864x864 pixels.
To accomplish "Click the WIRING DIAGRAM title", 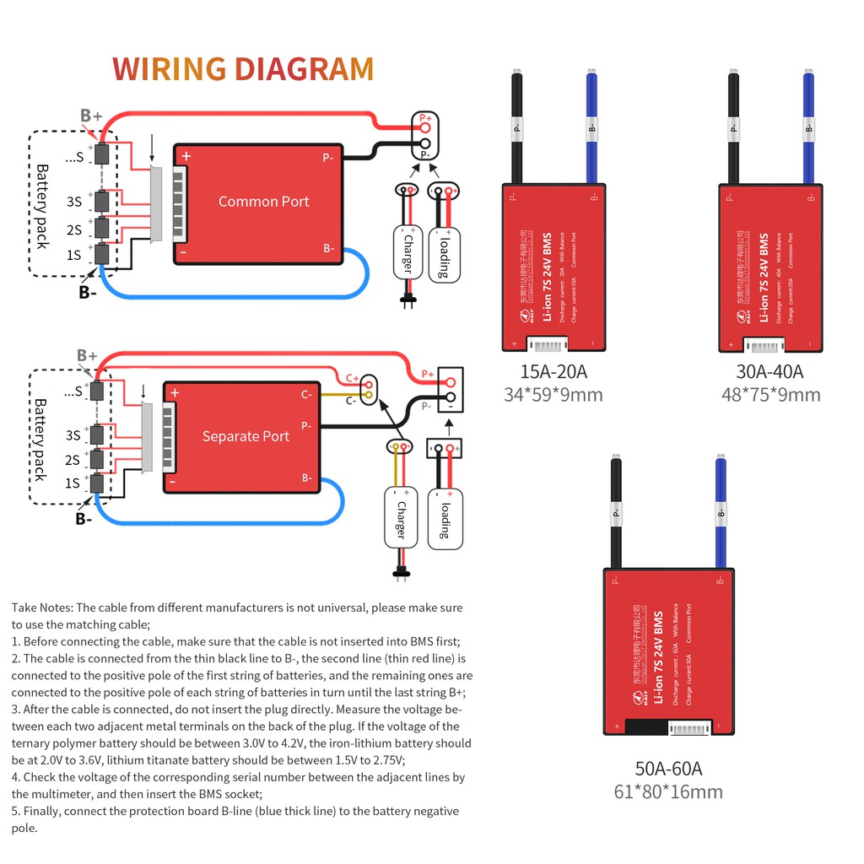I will coord(243,68).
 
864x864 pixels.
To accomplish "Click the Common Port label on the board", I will coord(263,202).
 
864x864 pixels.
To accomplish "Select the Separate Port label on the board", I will coord(246,436).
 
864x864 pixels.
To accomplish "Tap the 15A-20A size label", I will coord(553,371).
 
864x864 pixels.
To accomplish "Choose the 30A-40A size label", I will coord(769,371).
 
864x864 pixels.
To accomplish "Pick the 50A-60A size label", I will coord(668,768).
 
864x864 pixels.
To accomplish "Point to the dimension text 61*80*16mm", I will coord(668,791).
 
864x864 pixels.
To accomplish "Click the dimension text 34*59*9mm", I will coord(553,394).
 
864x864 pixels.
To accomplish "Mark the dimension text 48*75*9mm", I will coord(770,394).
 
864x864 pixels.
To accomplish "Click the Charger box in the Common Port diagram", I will coord(408,251).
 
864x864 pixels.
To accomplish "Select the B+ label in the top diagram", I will coord(91,116).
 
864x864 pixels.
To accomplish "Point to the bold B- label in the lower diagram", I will coord(84,519).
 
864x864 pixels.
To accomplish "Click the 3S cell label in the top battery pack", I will coord(74,202).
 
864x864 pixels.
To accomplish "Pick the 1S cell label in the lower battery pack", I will coord(74,483).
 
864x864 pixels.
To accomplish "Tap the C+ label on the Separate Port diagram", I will coord(352,379).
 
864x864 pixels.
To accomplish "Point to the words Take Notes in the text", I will coord(42,607).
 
